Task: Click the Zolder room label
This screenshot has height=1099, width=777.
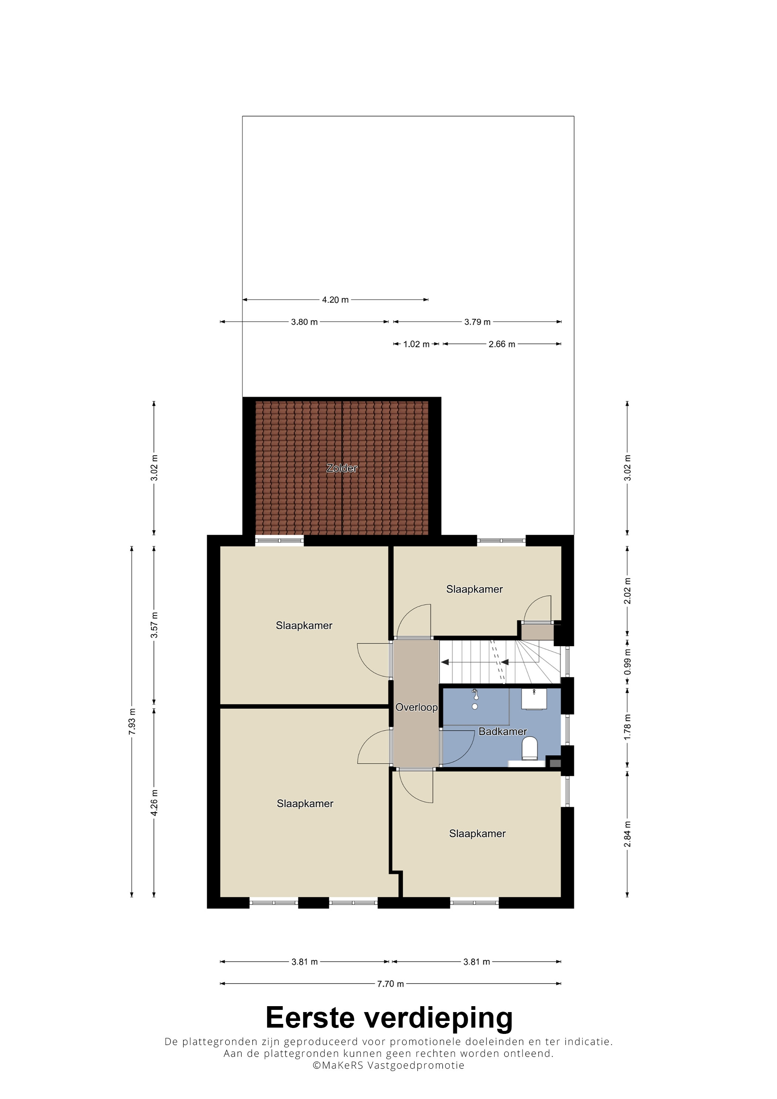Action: [x=342, y=468]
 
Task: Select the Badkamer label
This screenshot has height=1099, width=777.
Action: [x=503, y=731]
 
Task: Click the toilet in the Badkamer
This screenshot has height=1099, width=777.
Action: [x=529, y=749]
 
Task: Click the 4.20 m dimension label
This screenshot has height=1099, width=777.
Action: [x=335, y=300]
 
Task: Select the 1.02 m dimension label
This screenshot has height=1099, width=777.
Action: [x=417, y=344]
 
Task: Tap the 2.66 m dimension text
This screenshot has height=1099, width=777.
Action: [x=502, y=344]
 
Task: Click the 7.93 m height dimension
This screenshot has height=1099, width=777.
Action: [x=132, y=721]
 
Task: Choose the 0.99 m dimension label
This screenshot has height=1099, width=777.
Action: [x=627, y=662]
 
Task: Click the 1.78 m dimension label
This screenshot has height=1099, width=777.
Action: [x=627, y=727]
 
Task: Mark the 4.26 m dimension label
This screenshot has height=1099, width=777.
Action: [x=154, y=803]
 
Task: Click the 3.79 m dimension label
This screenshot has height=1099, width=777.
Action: [x=477, y=322]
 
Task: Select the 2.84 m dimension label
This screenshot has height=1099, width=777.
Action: [x=627, y=834]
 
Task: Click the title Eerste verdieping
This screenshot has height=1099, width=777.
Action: [x=389, y=1018]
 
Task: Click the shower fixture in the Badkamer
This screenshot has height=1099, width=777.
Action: [x=475, y=699]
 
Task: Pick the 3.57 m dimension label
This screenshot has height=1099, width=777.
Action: [x=154, y=625]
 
